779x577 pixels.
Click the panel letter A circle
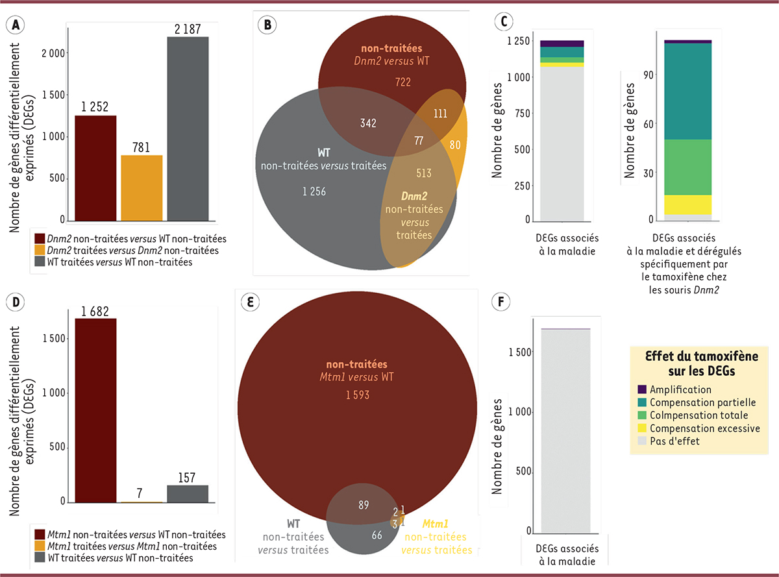tap(14, 24)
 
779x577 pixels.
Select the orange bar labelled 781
tap(142, 189)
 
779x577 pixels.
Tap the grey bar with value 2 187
tap(188, 130)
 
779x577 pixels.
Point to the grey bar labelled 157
tap(188, 493)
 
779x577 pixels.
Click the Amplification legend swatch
tap(642, 389)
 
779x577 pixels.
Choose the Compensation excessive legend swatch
tap(642, 428)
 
